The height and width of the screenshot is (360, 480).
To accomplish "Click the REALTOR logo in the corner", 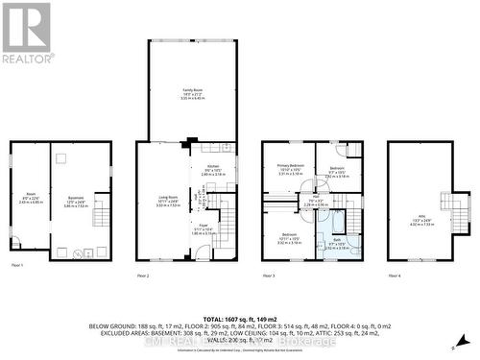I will (27, 33).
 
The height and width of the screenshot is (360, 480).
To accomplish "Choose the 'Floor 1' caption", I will (16, 264).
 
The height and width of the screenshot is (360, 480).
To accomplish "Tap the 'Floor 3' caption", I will (268, 276).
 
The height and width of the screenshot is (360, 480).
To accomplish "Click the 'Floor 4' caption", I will (395, 276).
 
